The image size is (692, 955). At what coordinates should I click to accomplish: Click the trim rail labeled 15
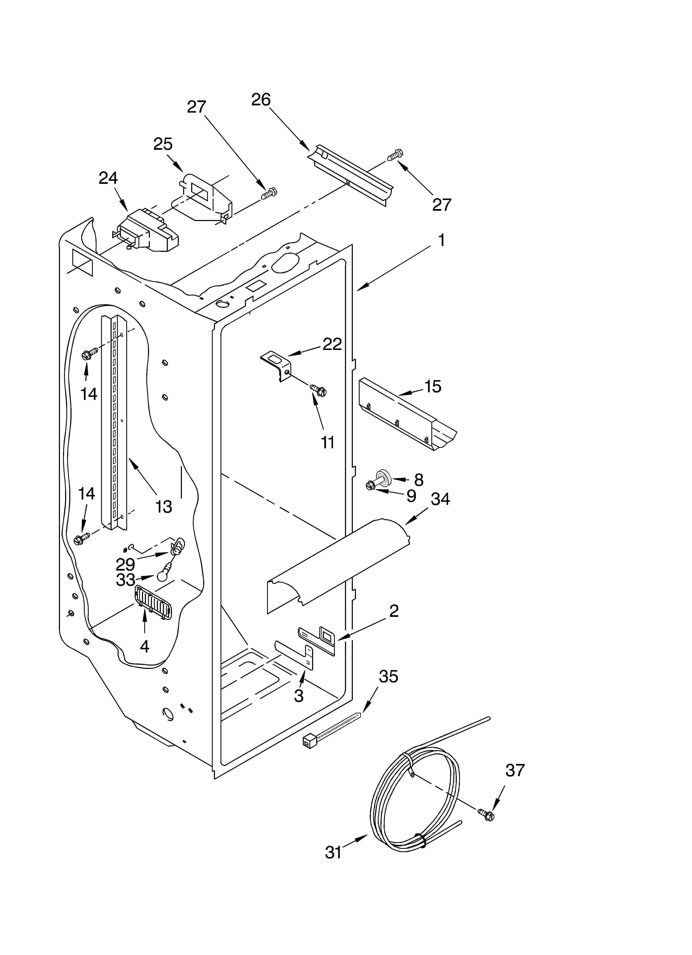pyautogui.click(x=407, y=413)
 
